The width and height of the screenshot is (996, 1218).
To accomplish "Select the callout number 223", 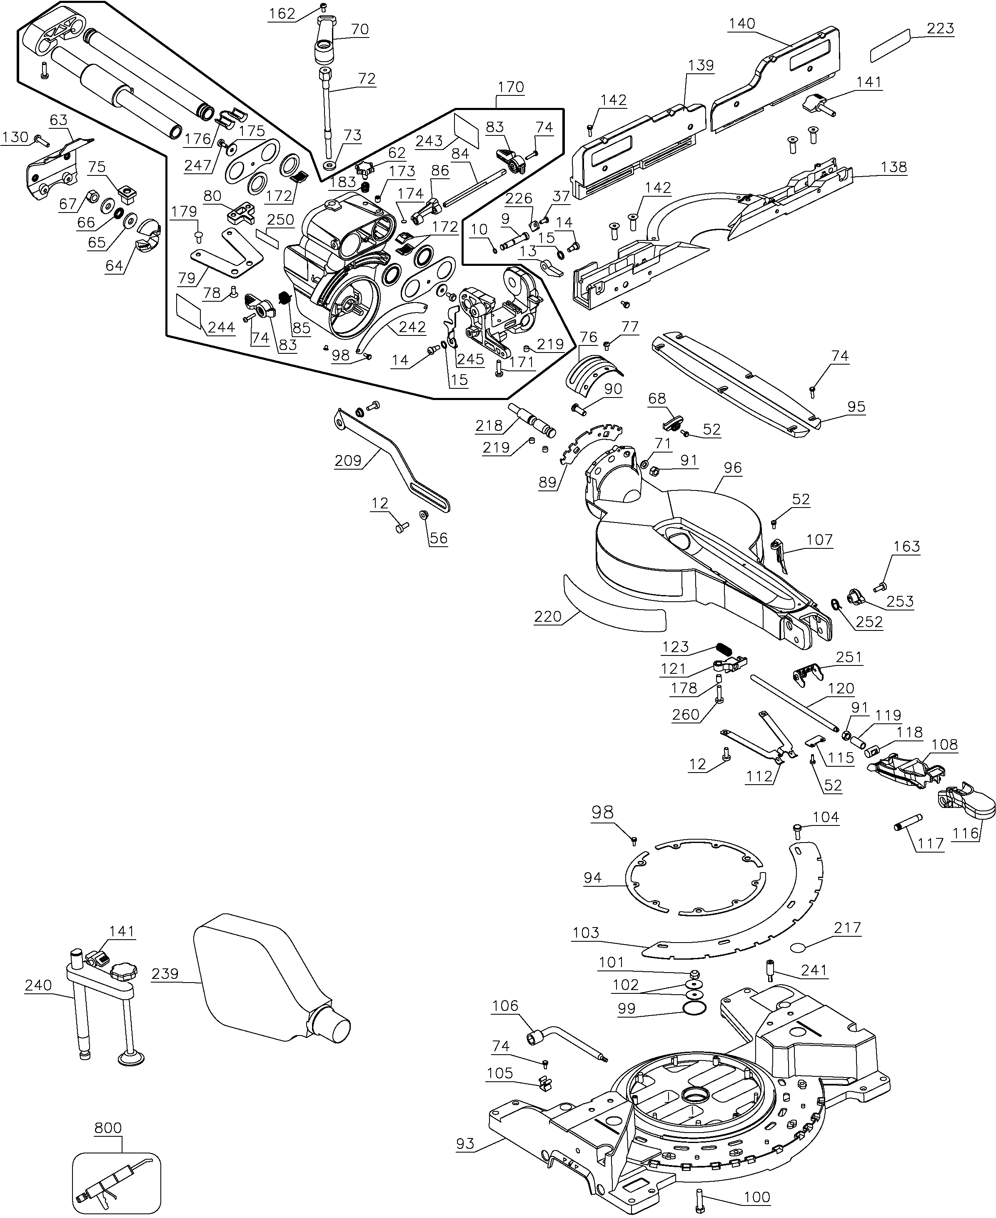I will pyautogui.click(x=940, y=28).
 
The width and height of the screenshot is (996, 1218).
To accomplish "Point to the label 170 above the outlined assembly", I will pyautogui.click(x=511, y=87).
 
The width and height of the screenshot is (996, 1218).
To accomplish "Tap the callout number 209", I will pyautogui.click(x=348, y=460).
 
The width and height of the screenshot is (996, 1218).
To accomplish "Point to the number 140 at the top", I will pyautogui.click(x=742, y=23).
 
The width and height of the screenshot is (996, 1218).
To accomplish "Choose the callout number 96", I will pyautogui.click(x=732, y=468).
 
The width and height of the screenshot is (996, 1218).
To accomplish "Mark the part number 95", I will pyautogui.click(x=856, y=407).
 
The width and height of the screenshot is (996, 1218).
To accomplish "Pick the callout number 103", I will pyautogui.click(x=585, y=933).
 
